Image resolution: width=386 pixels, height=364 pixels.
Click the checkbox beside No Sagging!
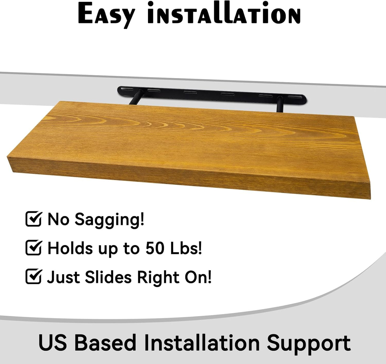point(33,219)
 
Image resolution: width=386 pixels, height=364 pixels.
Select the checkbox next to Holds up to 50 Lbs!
point(33,248)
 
